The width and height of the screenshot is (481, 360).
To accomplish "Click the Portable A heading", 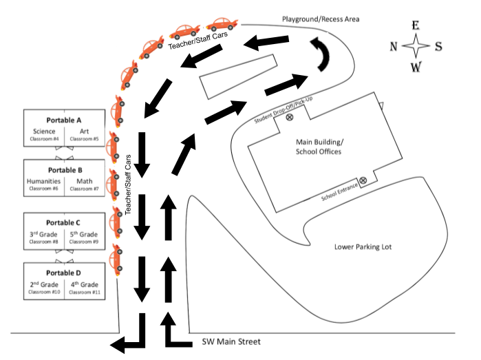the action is [x=64, y=120].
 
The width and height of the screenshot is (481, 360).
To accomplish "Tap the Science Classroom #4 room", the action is [x=44, y=134].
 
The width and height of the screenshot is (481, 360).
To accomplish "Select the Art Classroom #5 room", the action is [x=85, y=134].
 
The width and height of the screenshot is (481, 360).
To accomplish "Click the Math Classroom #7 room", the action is [x=85, y=184].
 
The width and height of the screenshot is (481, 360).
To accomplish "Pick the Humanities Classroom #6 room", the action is [x=43, y=184].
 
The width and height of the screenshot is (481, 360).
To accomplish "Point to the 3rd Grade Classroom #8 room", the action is [x=43, y=237].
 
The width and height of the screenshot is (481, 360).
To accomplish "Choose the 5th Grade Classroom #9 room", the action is [x=84, y=237].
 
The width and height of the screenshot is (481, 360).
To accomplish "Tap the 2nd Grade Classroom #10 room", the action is [x=44, y=288].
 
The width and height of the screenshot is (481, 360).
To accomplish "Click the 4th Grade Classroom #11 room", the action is [x=85, y=288].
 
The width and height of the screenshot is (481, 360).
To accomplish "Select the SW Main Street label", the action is [x=231, y=341].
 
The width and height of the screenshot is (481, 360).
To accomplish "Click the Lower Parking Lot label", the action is [x=363, y=247].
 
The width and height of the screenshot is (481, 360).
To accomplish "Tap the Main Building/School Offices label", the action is [x=319, y=147].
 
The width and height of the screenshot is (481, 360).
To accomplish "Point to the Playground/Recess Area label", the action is [x=321, y=19].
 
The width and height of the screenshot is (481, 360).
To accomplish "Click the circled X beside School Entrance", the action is [x=363, y=180].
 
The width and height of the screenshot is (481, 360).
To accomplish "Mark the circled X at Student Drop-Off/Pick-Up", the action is [x=290, y=117].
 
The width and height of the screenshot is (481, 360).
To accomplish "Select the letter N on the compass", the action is [x=394, y=47].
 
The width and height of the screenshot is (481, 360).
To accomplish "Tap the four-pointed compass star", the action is [x=416, y=45].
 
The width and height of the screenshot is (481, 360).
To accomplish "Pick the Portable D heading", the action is [x=63, y=273].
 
